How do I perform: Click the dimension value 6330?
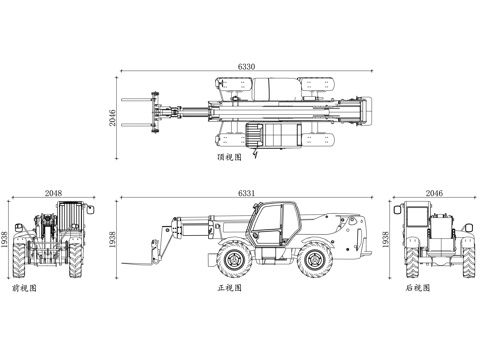[x=246, y=66]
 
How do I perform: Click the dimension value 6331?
[x=246, y=193]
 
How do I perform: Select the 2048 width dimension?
[x=53, y=193]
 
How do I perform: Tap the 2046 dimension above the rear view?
[x=434, y=193]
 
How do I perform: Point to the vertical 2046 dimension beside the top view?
[x=112, y=118]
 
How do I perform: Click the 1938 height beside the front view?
[x=4, y=240]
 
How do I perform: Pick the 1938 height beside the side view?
[x=112, y=240]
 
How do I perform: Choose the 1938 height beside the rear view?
[x=385, y=240]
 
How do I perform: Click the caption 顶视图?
[x=229, y=157]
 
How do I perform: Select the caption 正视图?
[x=229, y=288]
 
